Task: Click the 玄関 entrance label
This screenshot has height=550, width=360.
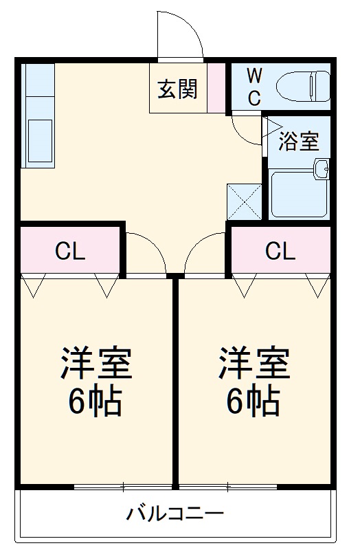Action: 178,89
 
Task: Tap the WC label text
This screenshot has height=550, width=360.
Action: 254,87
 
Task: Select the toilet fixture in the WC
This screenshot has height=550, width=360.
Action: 302,87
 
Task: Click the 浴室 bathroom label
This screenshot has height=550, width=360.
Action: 298,141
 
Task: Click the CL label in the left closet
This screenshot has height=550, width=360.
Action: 70,252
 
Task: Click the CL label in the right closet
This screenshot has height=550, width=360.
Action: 280,252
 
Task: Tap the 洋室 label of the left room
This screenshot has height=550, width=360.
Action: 95,364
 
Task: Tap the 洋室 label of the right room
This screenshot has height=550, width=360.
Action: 254,364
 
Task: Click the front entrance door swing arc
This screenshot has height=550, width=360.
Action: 180,34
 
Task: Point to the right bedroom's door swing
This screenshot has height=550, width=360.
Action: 205,253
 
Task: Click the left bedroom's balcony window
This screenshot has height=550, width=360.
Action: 122,487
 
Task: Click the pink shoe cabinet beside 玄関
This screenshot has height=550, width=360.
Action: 217,87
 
